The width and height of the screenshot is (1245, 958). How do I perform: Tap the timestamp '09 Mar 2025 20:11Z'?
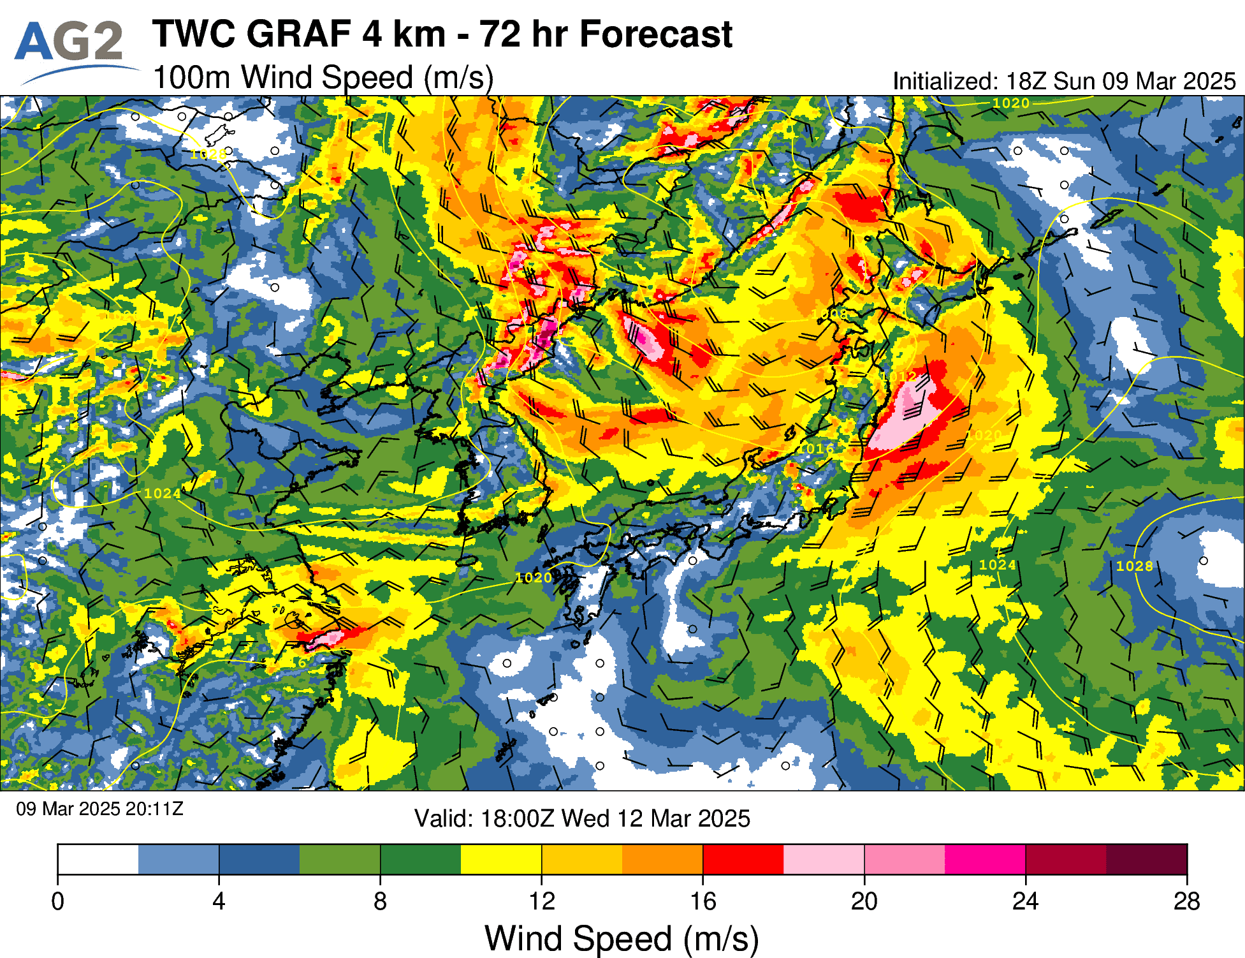[x=99, y=809]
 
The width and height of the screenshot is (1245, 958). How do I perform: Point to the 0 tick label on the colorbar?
[x=58, y=902]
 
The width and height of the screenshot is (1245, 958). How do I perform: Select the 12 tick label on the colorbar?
[x=542, y=902]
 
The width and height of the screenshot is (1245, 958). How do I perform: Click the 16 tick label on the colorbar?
[x=703, y=902]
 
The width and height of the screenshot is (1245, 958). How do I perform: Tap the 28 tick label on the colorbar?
[x=1186, y=902]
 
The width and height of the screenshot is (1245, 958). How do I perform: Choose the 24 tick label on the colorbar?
[x=1025, y=902]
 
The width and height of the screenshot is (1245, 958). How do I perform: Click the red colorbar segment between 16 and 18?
[x=743, y=859]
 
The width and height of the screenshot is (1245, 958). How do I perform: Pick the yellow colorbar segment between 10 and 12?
[x=501, y=859]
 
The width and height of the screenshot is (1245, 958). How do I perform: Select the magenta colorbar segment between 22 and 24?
[x=985, y=859]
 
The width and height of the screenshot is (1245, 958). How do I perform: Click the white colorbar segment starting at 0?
[x=98, y=859]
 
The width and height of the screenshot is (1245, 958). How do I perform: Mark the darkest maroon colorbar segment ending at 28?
[x=1146, y=859]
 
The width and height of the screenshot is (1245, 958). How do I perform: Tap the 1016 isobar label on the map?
[x=819, y=449]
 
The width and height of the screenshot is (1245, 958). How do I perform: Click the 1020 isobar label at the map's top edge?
[x=1011, y=103]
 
